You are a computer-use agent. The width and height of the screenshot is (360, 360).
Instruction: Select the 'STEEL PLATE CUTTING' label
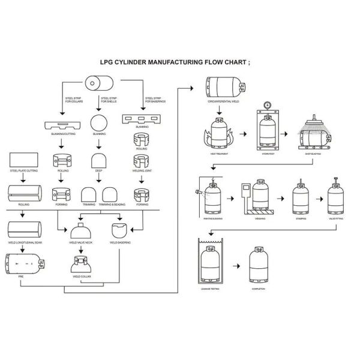click(x=23, y=171)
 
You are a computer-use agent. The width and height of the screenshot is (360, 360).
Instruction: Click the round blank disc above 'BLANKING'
click(x=98, y=123)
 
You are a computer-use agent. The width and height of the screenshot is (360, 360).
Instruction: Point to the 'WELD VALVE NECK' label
click(x=81, y=242)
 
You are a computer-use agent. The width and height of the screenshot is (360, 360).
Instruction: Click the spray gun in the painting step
click(x=197, y=192)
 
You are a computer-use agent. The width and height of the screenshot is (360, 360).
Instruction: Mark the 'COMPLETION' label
click(x=259, y=290)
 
